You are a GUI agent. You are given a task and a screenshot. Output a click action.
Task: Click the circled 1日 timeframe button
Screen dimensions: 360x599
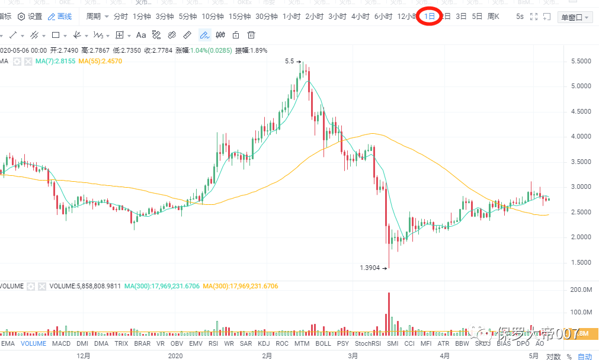coord(430,17)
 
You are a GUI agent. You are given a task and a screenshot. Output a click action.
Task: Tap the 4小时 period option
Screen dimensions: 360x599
coord(360,17)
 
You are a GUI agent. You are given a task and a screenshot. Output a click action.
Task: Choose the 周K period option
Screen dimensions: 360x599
coord(493,17)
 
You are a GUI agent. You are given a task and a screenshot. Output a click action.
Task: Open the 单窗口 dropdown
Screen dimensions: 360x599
coord(575,17)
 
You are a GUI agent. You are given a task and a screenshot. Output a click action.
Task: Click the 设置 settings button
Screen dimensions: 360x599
coord(30,17)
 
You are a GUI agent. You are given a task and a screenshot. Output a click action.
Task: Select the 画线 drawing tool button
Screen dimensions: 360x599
coord(60,17)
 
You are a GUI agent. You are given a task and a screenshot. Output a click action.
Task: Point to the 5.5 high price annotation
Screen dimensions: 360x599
coord(289,61)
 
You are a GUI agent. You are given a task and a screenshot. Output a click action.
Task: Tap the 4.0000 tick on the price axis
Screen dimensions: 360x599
coord(580,136)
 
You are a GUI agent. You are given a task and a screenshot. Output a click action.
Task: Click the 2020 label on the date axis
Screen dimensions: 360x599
coord(175,356)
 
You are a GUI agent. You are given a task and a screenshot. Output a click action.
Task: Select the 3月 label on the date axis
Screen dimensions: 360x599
coord(353,356)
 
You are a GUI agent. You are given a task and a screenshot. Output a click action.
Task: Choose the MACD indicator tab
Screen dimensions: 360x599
coord(61,343)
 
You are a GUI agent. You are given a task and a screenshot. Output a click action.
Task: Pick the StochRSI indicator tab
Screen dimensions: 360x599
coord(367,343)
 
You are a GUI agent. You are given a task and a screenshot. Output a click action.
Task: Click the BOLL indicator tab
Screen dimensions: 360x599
coord(323,343)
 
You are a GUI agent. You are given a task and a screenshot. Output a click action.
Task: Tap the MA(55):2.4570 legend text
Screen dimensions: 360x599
coord(100,61)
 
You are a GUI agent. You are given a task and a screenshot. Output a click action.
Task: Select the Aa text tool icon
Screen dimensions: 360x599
coord(141,35)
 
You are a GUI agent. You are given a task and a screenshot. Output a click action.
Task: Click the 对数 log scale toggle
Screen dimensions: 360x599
coord(553,356)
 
